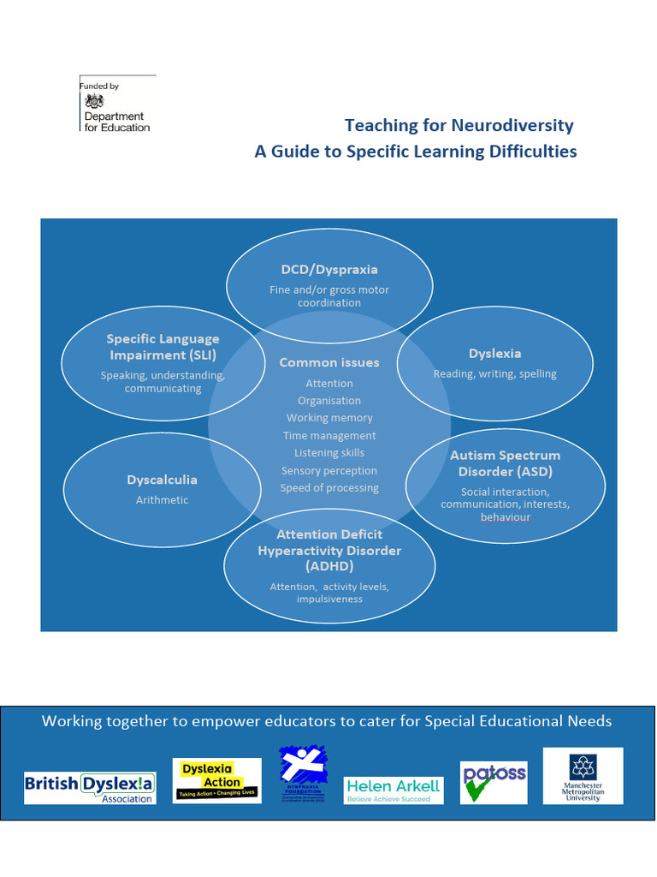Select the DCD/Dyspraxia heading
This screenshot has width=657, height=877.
click(x=329, y=270)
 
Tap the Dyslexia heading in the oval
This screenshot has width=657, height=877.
click(x=494, y=354)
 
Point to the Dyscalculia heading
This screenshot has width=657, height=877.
click(x=162, y=480)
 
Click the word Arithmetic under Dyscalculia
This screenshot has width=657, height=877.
click(x=162, y=500)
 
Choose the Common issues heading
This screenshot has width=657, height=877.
click(x=329, y=362)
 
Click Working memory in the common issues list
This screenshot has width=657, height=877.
click(x=329, y=418)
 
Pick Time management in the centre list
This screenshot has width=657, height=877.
click(x=329, y=436)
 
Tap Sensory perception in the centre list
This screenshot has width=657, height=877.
click(x=329, y=471)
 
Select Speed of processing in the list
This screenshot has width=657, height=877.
click(x=329, y=488)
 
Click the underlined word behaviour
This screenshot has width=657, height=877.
click(x=505, y=517)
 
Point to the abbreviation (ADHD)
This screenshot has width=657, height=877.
click(x=329, y=566)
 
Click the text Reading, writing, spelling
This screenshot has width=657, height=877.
click(x=494, y=374)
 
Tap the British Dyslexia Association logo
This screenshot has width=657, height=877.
click(x=90, y=787)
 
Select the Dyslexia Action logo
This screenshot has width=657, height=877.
click(x=217, y=780)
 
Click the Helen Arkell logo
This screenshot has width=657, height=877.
click(x=394, y=790)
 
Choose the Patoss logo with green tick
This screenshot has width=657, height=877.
click(x=494, y=782)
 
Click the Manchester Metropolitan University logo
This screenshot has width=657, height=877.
click(x=583, y=776)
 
